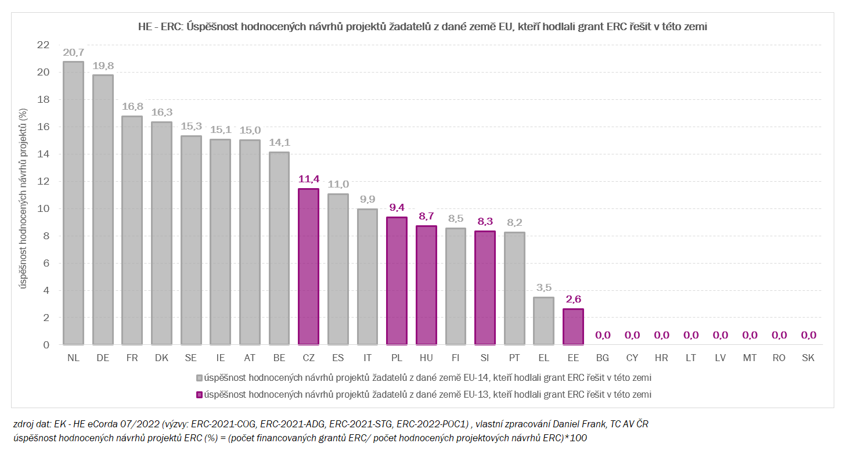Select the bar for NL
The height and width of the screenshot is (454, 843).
[x=73, y=203]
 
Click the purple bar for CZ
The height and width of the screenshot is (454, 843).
[x=308, y=266]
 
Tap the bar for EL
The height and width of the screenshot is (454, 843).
[x=543, y=321]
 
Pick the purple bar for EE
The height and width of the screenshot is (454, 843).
[x=573, y=327]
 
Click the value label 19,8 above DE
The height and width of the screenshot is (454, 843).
[x=103, y=66]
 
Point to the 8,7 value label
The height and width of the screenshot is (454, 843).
[x=426, y=217]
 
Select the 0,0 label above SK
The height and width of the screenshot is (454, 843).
[x=808, y=335]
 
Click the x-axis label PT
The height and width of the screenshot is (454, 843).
[x=514, y=358]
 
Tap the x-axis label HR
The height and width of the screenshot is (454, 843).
[x=661, y=358]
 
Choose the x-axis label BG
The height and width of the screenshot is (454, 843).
[x=603, y=358]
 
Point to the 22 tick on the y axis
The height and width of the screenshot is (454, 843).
[x=43, y=45]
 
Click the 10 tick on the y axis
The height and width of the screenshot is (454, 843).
[x=43, y=209]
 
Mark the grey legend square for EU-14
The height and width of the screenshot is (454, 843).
[x=199, y=378]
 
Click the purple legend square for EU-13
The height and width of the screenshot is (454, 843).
[x=199, y=395]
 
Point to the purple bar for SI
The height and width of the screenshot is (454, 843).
[x=485, y=288]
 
